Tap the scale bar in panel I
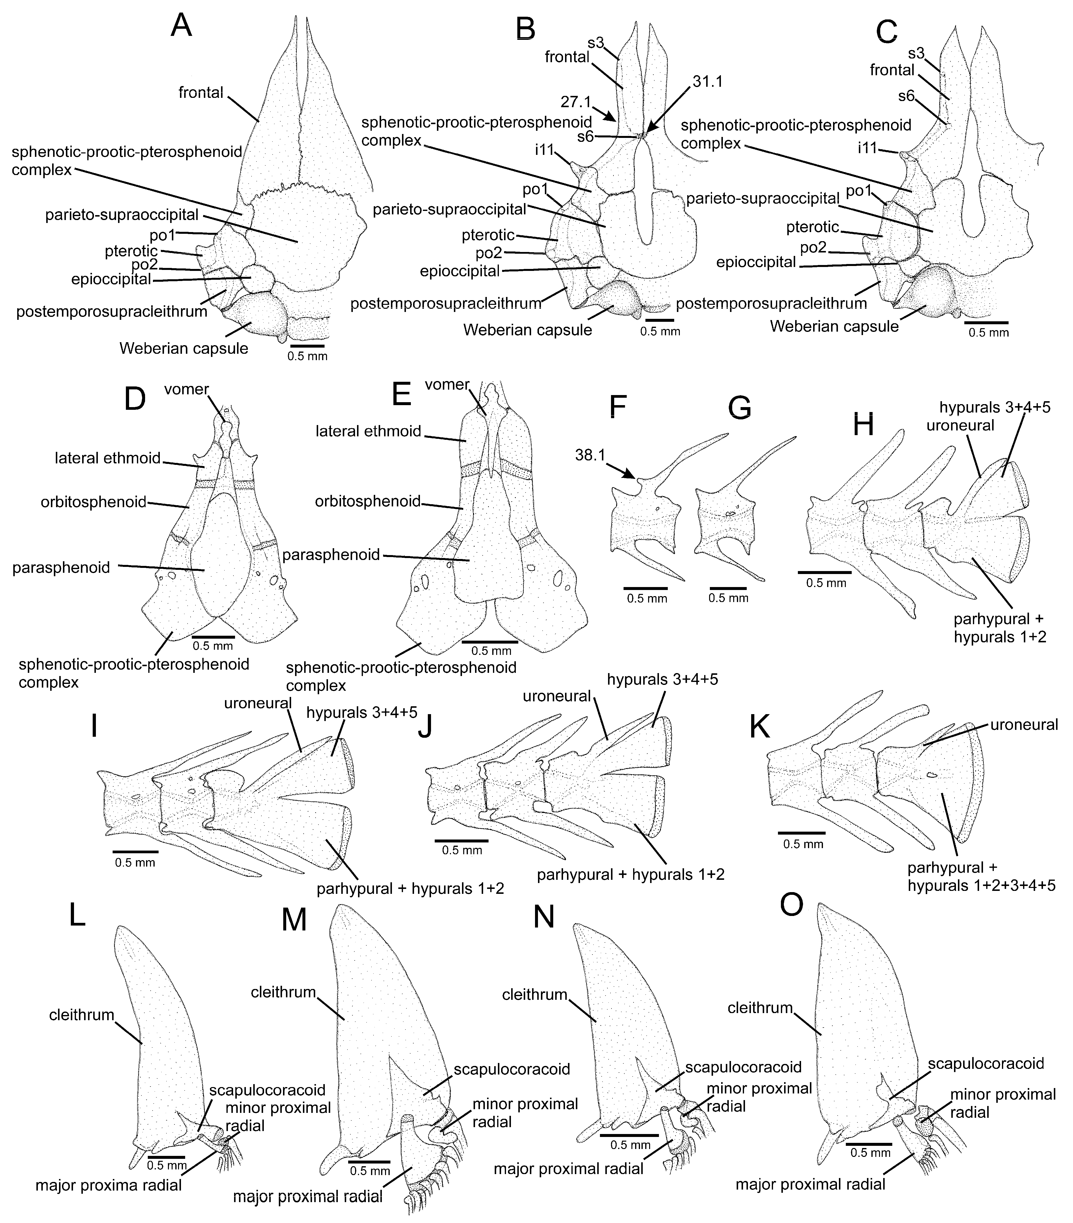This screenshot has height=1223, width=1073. point(135,851)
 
